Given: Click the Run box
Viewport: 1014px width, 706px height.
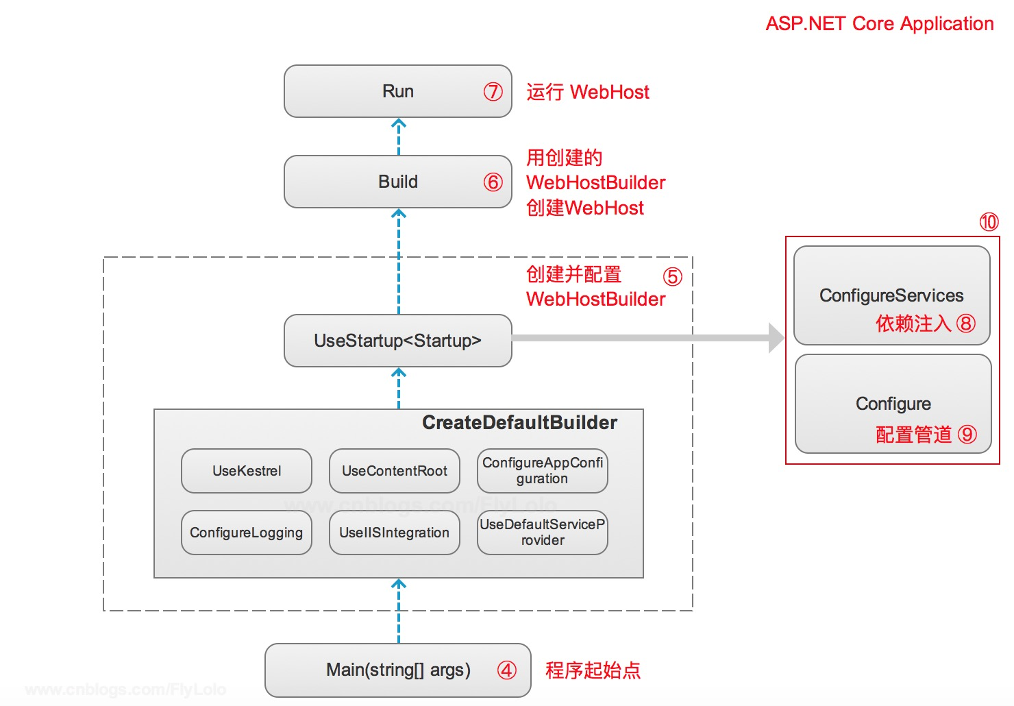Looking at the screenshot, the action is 398,91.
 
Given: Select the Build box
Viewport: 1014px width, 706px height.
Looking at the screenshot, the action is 398,182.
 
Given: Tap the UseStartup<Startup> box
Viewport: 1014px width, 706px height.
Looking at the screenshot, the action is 398,341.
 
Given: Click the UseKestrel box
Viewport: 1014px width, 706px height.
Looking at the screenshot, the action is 247,471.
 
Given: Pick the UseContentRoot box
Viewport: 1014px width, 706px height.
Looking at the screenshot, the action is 395,471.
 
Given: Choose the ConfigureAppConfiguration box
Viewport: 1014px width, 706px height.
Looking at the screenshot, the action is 543,471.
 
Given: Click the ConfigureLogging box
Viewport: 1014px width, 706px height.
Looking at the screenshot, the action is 247,533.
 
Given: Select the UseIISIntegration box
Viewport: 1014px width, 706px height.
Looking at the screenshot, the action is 395,533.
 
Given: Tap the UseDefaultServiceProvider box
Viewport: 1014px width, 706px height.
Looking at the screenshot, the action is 543,533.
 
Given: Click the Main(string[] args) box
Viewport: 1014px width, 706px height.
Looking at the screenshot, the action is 398,670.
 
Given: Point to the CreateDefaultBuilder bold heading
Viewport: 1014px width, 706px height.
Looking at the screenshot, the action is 519,422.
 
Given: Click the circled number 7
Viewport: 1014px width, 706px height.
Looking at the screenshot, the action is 493,92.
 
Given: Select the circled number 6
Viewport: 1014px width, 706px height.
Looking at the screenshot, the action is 493,182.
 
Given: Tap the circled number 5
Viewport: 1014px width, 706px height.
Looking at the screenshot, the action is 673,277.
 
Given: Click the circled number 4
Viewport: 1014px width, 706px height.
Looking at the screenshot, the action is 507,670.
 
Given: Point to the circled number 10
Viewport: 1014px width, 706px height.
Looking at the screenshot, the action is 989,222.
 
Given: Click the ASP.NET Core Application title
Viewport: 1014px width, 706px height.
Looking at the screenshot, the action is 880,23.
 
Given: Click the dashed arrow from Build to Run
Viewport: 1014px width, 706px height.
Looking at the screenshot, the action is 398,137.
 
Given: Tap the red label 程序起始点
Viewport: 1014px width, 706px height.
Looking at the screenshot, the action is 593,670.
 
